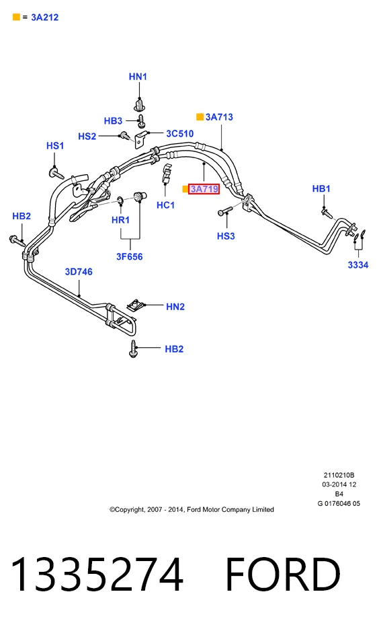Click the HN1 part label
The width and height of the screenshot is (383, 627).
click(138, 77)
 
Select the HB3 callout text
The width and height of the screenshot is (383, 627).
click(113, 121)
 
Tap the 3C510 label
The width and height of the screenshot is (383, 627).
click(179, 134)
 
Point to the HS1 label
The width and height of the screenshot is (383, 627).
click(55, 145)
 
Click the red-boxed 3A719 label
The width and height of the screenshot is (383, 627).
click(204, 189)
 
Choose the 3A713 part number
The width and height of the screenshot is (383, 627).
click(219, 117)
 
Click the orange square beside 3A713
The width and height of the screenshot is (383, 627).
click(200, 117)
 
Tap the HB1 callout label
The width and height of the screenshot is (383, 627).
click(321, 188)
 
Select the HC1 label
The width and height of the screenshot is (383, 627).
click(165, 205)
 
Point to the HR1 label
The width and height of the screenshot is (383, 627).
click(120, 219)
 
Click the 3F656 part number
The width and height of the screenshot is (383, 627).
click(130, 256)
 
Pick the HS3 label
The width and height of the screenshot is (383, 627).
click(226, 236)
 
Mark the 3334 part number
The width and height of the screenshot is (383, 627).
click(358, 264)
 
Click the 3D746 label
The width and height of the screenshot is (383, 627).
click(79, 272)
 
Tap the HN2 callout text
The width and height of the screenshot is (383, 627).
click(175, 307)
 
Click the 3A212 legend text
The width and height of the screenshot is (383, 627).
click(45, 17)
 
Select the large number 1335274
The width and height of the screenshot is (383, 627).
click(97, 575)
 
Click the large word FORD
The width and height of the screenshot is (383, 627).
click(283, 575)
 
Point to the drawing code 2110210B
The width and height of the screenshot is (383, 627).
click(339, 475)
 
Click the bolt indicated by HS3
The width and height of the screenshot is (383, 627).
click(225, 211)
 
